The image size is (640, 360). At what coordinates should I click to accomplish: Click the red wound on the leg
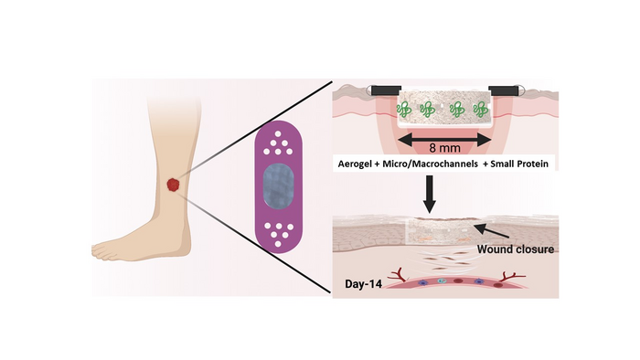tap(174, 185)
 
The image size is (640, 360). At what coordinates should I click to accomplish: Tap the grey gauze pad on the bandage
tap(278, 185)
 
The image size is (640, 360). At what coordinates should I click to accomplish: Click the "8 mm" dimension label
tap(444, 148)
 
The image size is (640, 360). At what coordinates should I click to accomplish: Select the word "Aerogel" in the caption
tap(353, 164)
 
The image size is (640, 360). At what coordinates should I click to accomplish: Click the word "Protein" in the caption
tap(533, 164)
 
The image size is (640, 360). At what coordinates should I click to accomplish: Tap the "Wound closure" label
tap(516, 249)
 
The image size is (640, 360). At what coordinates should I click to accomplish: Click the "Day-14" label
tap(363, 284)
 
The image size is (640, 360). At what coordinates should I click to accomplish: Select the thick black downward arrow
tap(429, 194)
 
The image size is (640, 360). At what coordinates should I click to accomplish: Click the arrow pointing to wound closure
tap(492, 230)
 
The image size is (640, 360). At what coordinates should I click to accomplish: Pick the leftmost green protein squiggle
tap(404, 110)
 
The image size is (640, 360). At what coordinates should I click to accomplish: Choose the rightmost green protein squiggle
tap(480, 110)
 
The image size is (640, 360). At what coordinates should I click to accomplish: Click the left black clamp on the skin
tap(386, 90)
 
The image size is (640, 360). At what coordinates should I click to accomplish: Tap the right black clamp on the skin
tap(503, 90)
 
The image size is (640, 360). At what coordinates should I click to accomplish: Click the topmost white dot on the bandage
tap(278, 133)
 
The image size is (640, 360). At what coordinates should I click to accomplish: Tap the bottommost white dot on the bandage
tap(278, 244)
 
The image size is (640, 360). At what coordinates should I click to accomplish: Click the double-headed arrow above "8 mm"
tap(444, 140)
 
